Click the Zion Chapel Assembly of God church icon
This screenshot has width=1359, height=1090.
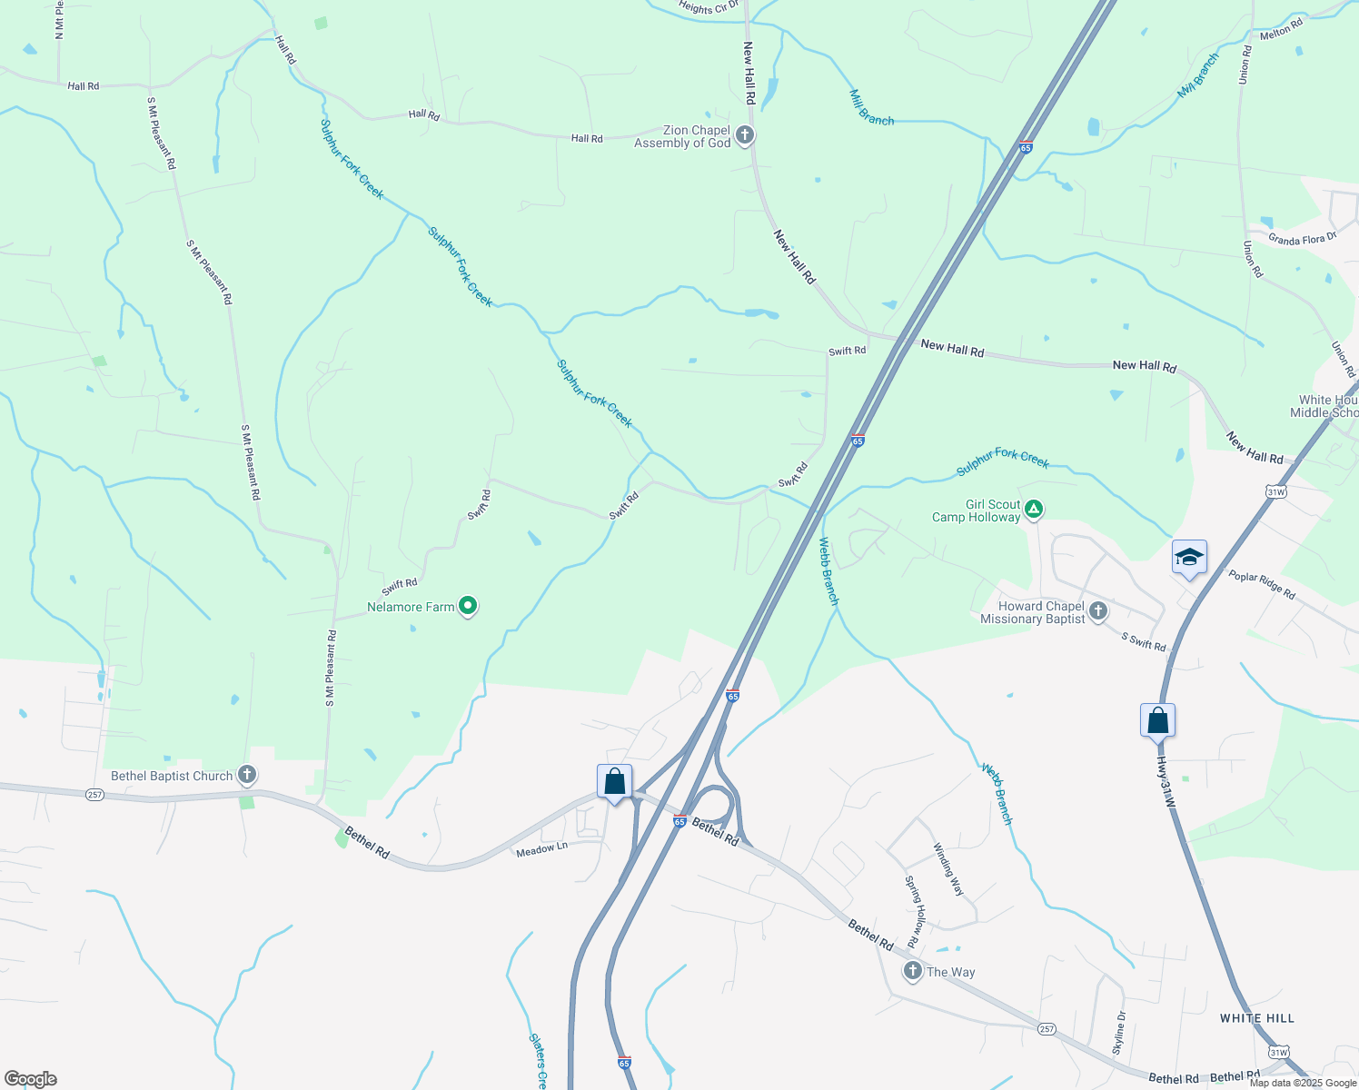tap(744, 136)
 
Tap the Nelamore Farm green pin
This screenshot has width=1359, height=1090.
tap(468, 605)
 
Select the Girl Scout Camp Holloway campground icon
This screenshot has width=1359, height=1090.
tap(1033, 510)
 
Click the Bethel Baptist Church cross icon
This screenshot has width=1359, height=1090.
tap(246, 775)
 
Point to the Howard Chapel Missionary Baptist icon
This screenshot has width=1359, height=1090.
tap(1098, 611)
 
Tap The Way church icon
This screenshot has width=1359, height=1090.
tap(912, 971)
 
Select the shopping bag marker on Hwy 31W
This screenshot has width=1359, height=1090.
tap(1157, 720)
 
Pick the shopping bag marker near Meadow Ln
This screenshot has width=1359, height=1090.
tap(614, 781)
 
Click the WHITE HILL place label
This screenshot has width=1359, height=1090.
tap(1257, 1018)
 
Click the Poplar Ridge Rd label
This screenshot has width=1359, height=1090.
tap(1262, 584)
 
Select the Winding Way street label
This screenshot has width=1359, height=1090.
tap(948, 869)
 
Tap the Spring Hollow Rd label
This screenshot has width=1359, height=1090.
tap(914, 912)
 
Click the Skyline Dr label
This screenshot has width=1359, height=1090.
tap(1119, 1033)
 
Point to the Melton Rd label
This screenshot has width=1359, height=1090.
tap(1281, 29)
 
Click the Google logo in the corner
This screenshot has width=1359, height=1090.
tap(30, 1079)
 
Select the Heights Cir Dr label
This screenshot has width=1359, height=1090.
tap(709, 8)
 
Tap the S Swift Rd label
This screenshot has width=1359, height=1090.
tap(1144, 642)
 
